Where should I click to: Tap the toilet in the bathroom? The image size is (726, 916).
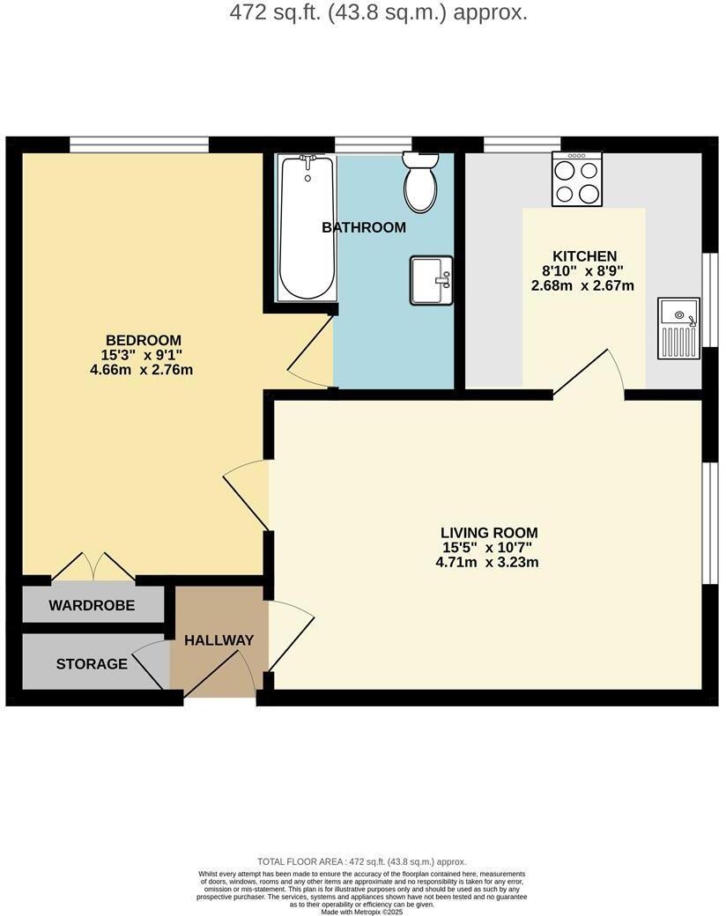click(x=420, y=181)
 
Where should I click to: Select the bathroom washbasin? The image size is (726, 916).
click(x=431, y=280)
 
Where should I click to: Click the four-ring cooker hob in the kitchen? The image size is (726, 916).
click(x=577, y=179)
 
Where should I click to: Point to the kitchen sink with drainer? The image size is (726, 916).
click(x=678, y=329)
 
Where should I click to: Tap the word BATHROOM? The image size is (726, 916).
click(x=364, y=227)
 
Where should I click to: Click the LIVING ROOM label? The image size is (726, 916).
click(x=489, y=533)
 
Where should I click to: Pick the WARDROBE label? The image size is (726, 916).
click(x=92, y=605)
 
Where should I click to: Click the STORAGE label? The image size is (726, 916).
click(x=92, y=663)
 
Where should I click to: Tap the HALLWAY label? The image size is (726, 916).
click(x=219, y=640)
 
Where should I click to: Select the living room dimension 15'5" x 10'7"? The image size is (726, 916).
click(x=489, y=548)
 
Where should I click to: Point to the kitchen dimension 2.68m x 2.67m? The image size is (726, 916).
click(x=582, y=286)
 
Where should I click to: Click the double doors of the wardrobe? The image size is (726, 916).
click(x=92, y=567)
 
